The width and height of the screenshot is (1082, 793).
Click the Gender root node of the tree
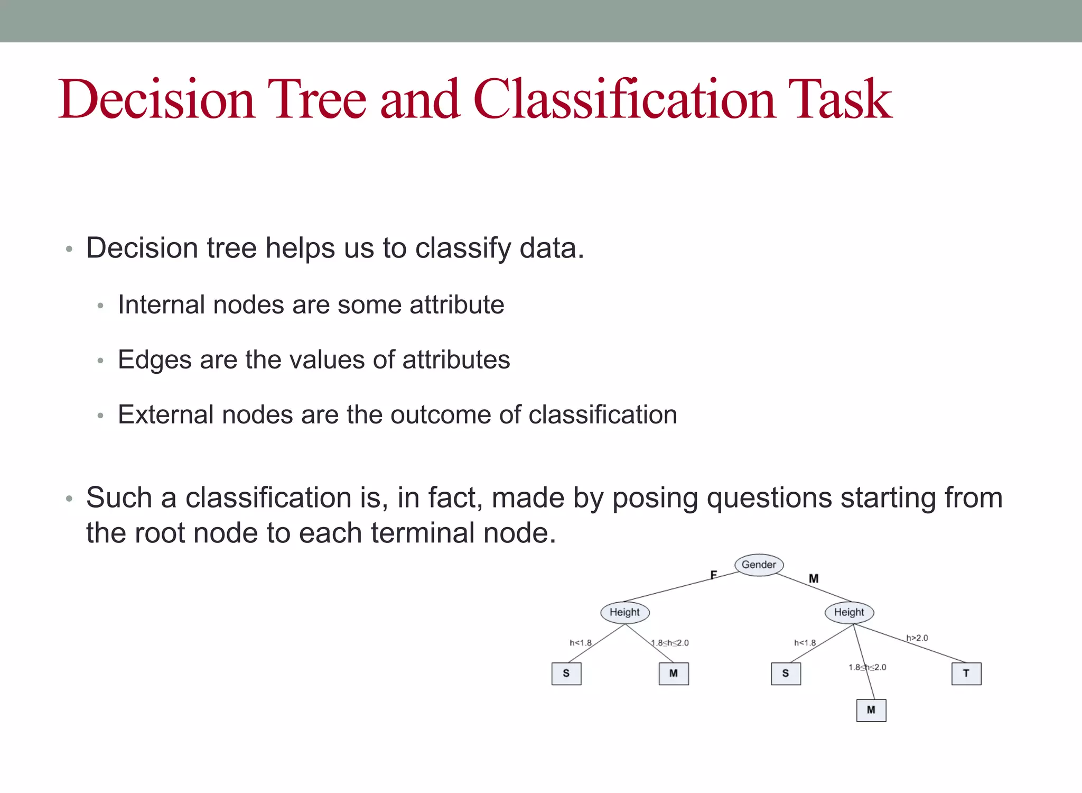pyautogui.click(x=759, y=565)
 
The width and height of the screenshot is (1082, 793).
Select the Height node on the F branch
pyautogui.click(x=624, y=612)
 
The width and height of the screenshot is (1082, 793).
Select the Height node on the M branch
pyautogui.click(x=849, y=612)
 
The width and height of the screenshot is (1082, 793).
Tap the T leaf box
pyautogui.click(x=966, y=674)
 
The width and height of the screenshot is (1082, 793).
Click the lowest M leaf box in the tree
pyautogui.click(x=871, y=710)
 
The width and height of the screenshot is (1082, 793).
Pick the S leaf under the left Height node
pyautogui.click(x=566, y=674)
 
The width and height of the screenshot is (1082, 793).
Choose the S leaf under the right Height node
pyautogui.click(x=786, y=674)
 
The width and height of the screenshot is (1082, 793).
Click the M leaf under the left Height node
pyautogui.click(x=674, y=674)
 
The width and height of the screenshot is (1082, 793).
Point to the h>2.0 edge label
pyautogui.click(x=917, y=638)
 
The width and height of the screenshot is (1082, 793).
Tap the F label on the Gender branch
pyautogui.click(x=713, y=575)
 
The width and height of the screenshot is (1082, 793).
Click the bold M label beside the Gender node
pyautogui.click(x=814, y=579)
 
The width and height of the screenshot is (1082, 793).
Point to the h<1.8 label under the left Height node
pyautogui.click(x=581, y=643)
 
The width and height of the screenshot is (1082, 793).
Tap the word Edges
pyautogui.click(x=154, y=360)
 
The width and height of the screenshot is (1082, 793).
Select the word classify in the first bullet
pyautogui.click(x=463, y=248)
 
